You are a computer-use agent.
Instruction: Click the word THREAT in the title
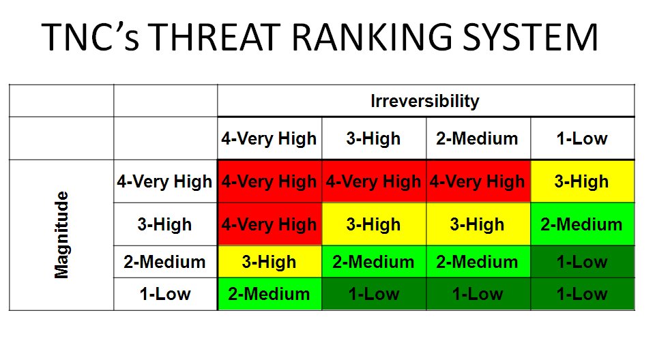click(214, 37)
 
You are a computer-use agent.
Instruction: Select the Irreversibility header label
click(425, 101)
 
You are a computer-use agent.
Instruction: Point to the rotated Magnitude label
click(61, 235)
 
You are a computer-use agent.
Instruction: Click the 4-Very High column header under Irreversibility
click(269, 138)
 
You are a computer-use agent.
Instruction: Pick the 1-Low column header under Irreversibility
click(582, 138)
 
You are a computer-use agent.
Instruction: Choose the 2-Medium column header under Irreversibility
click(477, 138)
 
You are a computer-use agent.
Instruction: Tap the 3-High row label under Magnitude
click(164, 225)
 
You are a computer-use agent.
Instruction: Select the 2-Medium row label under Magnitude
click(164, 262)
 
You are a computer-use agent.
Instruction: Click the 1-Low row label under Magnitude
click(165, 294)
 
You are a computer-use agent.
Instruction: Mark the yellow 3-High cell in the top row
click(582, 181)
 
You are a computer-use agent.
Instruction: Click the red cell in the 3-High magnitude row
click(270, 224)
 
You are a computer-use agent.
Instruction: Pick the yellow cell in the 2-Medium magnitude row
click(270, 262)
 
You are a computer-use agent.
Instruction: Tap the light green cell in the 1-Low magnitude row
click(270, 294)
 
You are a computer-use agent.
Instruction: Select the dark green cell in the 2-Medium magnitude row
click(582, 262)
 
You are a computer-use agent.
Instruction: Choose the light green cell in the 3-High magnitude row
click(582, 224)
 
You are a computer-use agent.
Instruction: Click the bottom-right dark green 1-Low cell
click(582, 294)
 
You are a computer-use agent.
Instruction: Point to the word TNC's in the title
click(90, 37)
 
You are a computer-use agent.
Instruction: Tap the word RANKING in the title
click(372, 37)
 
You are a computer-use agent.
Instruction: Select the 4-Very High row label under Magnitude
click(164, 181)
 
